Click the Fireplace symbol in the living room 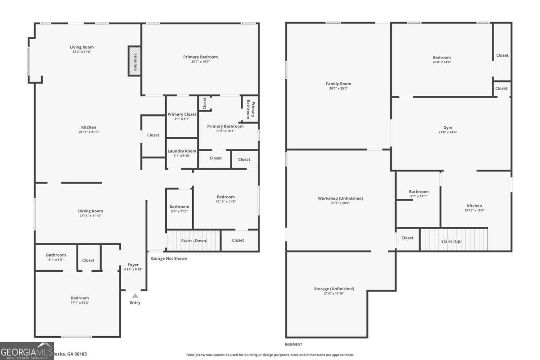[x=135, y=61]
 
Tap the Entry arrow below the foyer [x=135, y=296]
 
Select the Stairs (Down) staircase [x=193, y=240]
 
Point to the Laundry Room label [x=182, y=151]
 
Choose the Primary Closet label [x=182, y=114]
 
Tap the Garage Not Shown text [x=169, y=258]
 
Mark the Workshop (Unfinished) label [x=340, y=198]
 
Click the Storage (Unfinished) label [x=334, y=288]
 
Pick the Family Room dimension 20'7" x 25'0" [x=339, y=89]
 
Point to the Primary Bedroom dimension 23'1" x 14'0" [x=200, y=62]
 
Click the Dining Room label [x=91, y=211]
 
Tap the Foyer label [x=133, y=265]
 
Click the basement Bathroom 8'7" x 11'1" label [x=418, y=192]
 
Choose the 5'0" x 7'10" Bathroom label [x=179, y=207]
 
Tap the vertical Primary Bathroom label [x=250, y=108]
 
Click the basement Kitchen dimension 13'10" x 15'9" [x=474, y=211]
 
